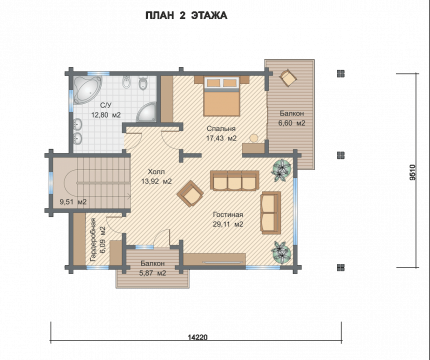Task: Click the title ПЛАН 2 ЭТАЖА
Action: pyautogui.click(x=186, y=16)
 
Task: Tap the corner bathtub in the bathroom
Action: pyautogui.click(x=87, y=89)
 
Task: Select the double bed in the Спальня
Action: pyautogui.click(x=222, y=97)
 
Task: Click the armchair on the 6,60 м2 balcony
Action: pyautogui.click(x=288, y=78)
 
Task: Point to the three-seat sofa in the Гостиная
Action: pyautogui.click(x=235, y=180)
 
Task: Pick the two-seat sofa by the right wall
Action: pyautogui.click(x=270, y=213)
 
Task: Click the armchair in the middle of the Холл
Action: pyautogui.click(x=190, y=194)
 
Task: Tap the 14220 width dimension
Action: pyautogui.click(x=197, y=337)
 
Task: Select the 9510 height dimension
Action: pyautogui.click(x=413, y=172)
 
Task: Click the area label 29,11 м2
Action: pyautogui.click(x=228, y=224)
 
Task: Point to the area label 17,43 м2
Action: pyautogui.click(x=221, y=138)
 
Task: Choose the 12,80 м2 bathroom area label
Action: pyautogui.click(x=106, y=115)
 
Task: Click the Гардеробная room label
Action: pyautogui.click(x=93, y=239)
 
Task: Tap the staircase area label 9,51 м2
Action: pyautogui.click(x=73, y=202)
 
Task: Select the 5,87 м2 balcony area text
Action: pyautogui.click(x=152, y=273)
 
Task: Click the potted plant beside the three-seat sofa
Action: pyautogui.click(x=282, y=170)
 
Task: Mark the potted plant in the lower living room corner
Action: pyautogui.click(x=282, y=252)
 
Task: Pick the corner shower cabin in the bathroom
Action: pyautogui.click(x=147, y=112)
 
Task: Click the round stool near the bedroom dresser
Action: pyautogui.click(x=254, y=138)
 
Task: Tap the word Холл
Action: pyautogui.click(x=156, y=172)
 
